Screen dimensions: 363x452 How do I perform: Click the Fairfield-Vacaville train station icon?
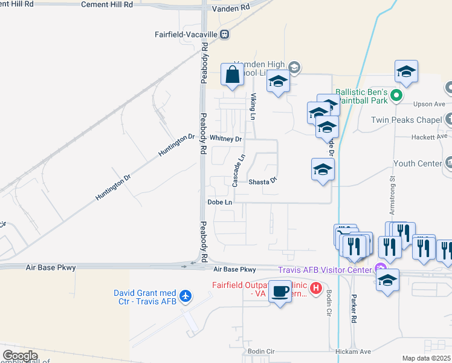(x=224, y=34)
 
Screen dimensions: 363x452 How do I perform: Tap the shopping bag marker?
(x=233, y=75)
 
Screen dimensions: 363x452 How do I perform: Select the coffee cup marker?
(x=279, y=291)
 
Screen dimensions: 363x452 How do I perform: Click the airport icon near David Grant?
(x=186, y=296)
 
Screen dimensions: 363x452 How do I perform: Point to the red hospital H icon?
(x=314, y=290)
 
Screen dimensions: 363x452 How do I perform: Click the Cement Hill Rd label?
(x=108, y=4)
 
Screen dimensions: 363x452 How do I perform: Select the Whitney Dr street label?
(x=225, y=139)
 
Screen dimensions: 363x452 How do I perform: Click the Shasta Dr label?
(x=262, y=181)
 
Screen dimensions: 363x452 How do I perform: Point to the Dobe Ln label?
(x=219, y=202)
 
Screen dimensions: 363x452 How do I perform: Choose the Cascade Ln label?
(x=239, y=169)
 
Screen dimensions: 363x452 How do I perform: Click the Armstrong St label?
(x=392, y=195)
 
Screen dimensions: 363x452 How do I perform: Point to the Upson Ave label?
(x=430, y=104)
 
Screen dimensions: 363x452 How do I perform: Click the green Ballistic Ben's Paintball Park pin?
(x=396, y=94)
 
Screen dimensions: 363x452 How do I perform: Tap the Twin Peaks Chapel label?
(x=406, y=120)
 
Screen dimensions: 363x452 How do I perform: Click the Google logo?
(x=20, y=356)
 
